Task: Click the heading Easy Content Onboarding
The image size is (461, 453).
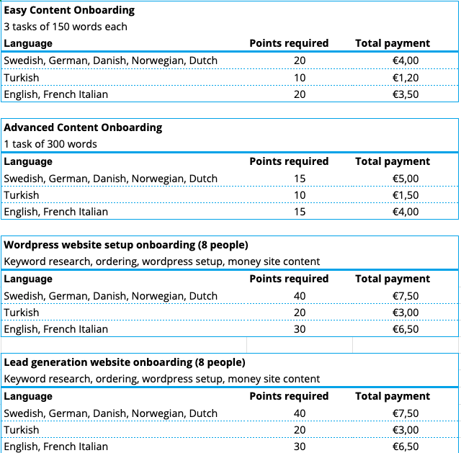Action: click(69, 10)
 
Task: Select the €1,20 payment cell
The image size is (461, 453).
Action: click(406, 78)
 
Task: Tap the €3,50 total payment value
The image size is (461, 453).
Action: click(406, 94)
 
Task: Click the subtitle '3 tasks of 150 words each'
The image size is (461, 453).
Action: click(66, 27)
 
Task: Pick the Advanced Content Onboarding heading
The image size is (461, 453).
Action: click(83, 127)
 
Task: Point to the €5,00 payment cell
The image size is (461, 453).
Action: click(406, 179)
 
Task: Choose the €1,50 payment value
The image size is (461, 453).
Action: click(406, 195)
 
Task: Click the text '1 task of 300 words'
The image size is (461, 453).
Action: click(50, 144)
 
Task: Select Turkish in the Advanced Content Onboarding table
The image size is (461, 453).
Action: click(22, 195)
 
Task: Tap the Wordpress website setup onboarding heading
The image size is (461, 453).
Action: click(126, 245)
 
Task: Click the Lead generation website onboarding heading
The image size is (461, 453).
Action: click(125, 362)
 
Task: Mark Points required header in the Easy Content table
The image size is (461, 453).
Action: click(289, 43)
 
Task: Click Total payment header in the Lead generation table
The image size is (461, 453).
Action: click(393, 396)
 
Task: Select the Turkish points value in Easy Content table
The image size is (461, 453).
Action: click(300, 78)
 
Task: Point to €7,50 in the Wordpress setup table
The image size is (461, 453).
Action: click(406, 296)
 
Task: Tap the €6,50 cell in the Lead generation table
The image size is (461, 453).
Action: click(406, 447)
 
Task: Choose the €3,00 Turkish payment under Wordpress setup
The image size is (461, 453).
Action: click(406, 313)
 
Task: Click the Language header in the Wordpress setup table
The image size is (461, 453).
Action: click(28, 279)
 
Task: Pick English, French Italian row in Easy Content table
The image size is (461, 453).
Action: click(56, 94)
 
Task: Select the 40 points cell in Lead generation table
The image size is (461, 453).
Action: click(300, 413)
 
